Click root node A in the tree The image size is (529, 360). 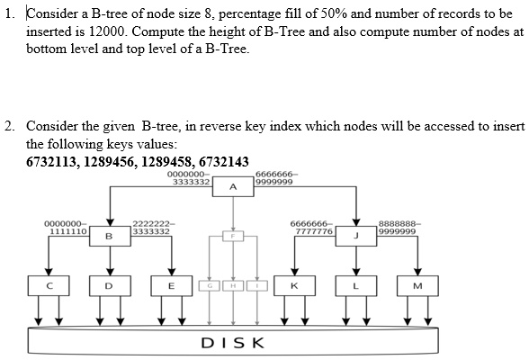pos(233,187)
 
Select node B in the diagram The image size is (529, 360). pos(110,237)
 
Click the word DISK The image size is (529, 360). pos(232,342)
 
